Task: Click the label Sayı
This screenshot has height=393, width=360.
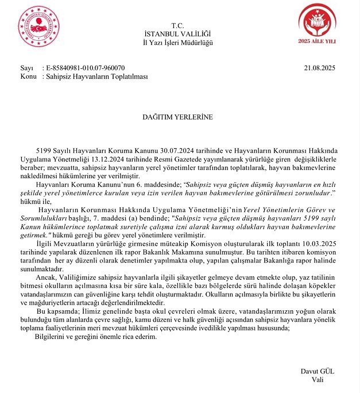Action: coord(27,68)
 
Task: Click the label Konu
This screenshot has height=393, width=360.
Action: coord(29,76)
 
